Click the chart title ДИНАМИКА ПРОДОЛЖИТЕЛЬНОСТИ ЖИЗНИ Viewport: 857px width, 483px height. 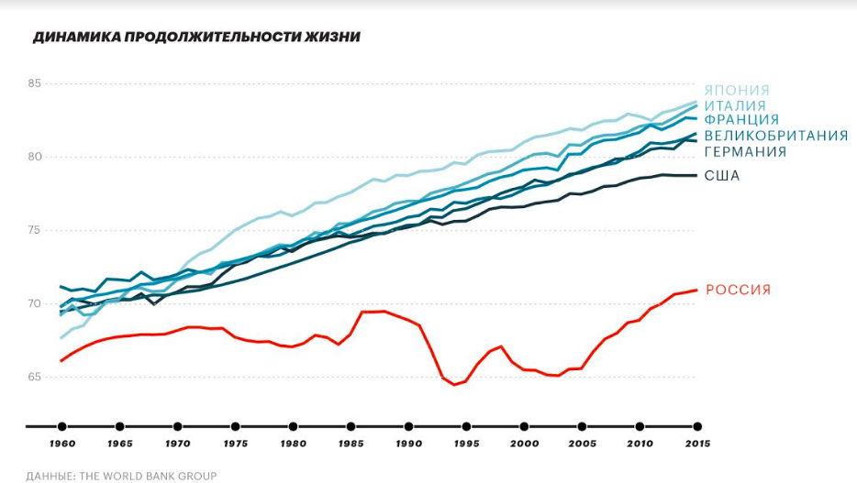click(195, 38)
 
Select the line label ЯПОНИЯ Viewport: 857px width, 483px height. click(737, 91)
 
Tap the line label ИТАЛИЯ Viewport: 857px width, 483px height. click(735, 105)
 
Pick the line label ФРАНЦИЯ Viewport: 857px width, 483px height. click(741, 120)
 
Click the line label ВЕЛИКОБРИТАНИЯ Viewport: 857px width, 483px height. click(775, 136)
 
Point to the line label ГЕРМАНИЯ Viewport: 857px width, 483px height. click(745, 151)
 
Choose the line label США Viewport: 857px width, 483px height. click(722, 175)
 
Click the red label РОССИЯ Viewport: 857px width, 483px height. click(738, 290)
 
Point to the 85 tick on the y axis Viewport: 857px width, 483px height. click(36, 84)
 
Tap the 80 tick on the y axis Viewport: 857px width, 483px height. click(36, 157)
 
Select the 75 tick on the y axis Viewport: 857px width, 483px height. click(36, 230)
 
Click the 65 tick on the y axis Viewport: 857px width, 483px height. click(36, 377)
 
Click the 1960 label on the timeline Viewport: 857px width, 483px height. click(61, 444)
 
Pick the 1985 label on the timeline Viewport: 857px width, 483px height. click(351, 444)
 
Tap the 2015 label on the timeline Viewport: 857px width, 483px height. click(697, 444)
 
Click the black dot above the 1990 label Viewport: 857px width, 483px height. click(408, 426)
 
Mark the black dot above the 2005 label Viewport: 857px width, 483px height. click(582, 426)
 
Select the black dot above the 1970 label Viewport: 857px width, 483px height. click(177, 426)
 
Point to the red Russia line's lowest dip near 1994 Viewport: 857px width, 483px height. click(455, 385)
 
